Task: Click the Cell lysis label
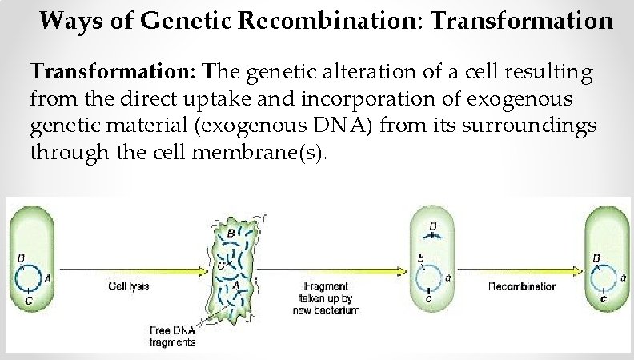(130, 286)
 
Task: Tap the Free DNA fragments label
(173, 335)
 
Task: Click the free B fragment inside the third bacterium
(432, 235)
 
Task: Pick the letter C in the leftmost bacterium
(29, 302)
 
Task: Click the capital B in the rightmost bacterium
(596, 258)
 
